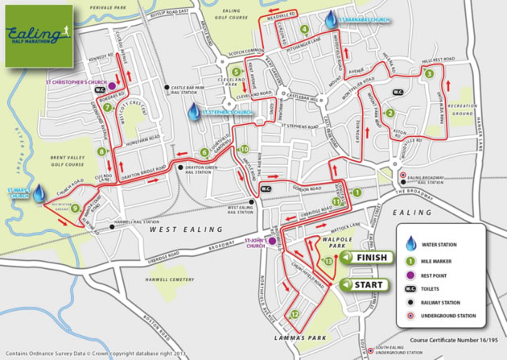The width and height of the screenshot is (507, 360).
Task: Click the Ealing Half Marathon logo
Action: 38,34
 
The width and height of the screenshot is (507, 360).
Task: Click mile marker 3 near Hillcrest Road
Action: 429,74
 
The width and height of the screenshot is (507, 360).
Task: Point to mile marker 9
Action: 74,209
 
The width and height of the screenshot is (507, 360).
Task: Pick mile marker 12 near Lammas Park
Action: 296,314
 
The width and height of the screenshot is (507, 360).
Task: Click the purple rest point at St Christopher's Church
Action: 113,85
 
